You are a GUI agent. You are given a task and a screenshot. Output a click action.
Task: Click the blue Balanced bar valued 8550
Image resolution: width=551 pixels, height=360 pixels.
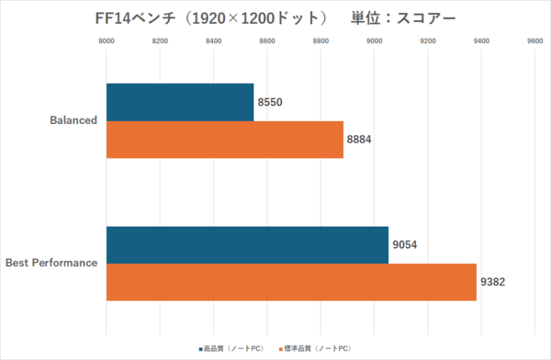pyautogui.click(x=179, y=102)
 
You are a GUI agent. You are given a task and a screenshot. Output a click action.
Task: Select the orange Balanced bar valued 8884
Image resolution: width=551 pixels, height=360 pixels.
pyautogui.click(x=224, y=140)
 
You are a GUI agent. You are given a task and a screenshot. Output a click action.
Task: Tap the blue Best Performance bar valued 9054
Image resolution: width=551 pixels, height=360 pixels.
pyautogui.click(x=247, y=244)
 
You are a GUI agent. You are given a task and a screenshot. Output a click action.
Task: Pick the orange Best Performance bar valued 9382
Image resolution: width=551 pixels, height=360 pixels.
pyautogui.click(x=291, y=282)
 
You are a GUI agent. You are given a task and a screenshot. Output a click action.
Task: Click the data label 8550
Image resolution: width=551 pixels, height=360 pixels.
pyautogui.click(x=270, y=103)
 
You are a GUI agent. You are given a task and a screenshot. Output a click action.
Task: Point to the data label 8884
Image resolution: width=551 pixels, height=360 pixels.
pyautogui.click(x=360, y=141)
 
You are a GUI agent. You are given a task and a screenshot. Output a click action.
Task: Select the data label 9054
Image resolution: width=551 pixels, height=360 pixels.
pyautogui.click(x=405, y=245)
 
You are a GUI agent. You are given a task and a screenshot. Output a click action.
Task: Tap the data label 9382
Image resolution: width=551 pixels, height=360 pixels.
pyautogui.click(x=491, y=283)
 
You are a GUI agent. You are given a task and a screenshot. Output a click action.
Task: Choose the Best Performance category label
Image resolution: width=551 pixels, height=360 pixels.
pyautogui.click(x=51, y=264)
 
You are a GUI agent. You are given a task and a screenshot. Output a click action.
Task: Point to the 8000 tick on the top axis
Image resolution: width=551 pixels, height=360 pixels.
pyautogui.click(x=107, y=40)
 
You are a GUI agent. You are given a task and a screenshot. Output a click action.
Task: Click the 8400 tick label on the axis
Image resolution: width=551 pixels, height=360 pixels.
pyautogui.click(x=214, y=40)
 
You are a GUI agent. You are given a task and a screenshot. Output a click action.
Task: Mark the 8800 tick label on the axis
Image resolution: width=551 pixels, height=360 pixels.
pyautogui.click(x=320, y=40)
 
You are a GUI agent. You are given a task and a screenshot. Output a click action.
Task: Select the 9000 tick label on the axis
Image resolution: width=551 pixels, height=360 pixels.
pyautogui.click(x=375, y=40)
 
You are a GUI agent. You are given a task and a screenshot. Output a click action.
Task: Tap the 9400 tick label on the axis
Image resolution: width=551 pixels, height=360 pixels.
pyautogui.click(x=481, y=40)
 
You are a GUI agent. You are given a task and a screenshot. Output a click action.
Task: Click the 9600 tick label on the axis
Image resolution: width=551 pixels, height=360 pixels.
pyautogui.click(x=534, y=40)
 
